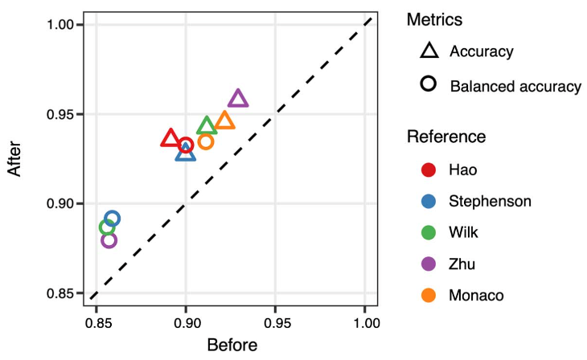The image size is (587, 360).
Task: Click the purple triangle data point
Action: pyautogui.click(x=238, y=99)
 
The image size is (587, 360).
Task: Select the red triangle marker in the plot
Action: pyautogui.click(x=170, y=139)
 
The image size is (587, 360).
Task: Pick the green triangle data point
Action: pyautogui.click(x=207, y=126)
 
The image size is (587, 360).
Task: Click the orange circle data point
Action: pyautogui.click(x=206, y=142)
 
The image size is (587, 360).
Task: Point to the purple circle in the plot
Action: pyautogui.click(x=109, y=239)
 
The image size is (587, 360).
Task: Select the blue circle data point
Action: pyautogui.click(x=113, y=219)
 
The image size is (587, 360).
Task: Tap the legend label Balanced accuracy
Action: pyautogui.click(x=515, y=85)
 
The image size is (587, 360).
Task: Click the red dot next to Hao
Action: pyautogui.click(x=429, y=170)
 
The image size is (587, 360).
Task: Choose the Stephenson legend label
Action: pyautogui.click(x=491, y=201)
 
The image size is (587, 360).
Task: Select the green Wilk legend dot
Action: pyautogui.click(x=429, y=233)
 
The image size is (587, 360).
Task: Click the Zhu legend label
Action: pyautogui.click(x=462, y=264)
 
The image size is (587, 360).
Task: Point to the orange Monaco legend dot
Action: pyautogui.click(x=429, y=296)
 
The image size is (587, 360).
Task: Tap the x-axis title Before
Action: pyautogui.click(x=232, y=346)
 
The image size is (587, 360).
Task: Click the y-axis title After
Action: pyautogui.click(x=14, y=159)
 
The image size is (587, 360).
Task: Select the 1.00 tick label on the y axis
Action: pyautogui.click(x=60, y=25)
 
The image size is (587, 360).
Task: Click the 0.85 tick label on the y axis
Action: pyautogui.click(x=60, y=293)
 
